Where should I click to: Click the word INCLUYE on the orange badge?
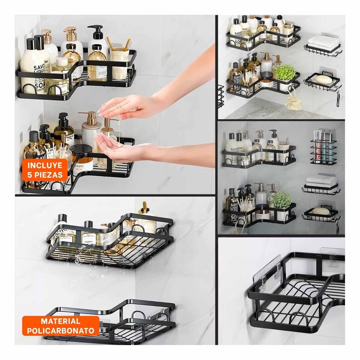pos(45,166)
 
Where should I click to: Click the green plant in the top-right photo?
pos(285,72)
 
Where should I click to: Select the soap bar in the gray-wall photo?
pos(321,211)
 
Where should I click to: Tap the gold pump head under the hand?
pos(107,122)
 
